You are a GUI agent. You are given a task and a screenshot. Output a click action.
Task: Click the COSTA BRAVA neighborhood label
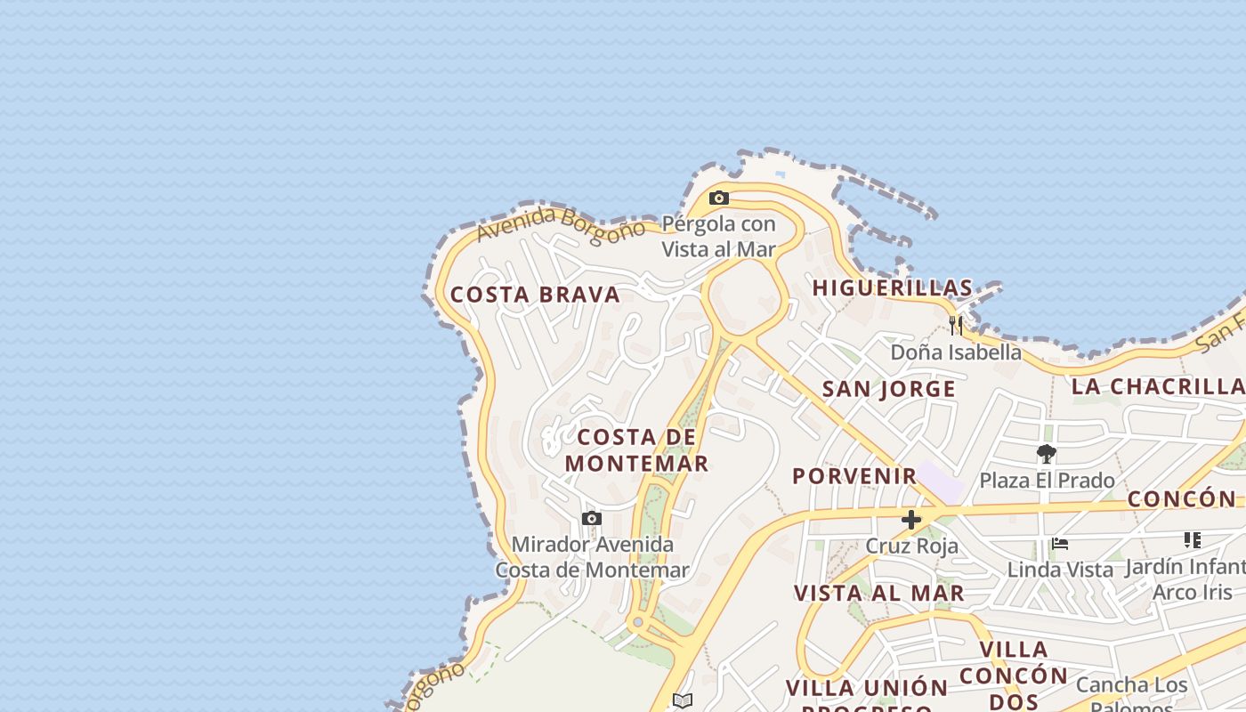click(x=535, y=295)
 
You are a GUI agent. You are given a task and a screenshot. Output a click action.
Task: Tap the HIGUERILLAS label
click(x=893, y=287)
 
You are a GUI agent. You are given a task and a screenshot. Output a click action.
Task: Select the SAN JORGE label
click(x=888, y=389)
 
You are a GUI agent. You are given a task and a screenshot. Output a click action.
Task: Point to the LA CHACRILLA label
click(x=1158, y=386)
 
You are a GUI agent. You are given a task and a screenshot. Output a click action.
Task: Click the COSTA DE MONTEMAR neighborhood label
click(x=636, y=450)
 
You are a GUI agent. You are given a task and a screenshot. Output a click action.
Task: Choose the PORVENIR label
click(x=854, y=475)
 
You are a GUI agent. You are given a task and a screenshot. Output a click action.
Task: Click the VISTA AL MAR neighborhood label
click(x=878, y=593)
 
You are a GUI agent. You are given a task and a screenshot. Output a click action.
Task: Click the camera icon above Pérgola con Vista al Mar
click(x=719, y=198)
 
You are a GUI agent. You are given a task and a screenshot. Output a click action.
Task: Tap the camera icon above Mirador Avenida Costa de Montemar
click(x=592, y=518)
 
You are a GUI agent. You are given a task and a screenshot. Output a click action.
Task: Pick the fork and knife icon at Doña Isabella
click(x=956, y=325)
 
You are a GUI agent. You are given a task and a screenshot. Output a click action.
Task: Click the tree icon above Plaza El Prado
click(x=1047, y=454)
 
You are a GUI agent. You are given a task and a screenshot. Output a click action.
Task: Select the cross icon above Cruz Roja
click(x=911, y=520)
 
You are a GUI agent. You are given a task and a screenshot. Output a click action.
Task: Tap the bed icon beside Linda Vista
click(x=1059, y=543)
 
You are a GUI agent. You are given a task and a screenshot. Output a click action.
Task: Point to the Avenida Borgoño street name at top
click(x=561, y=223)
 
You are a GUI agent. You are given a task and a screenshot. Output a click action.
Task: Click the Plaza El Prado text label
click(x=1047, y=481)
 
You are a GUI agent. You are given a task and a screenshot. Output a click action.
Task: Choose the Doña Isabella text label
click(x=956, y=352)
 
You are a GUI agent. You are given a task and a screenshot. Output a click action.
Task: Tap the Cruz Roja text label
click(x=912, y=546)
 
